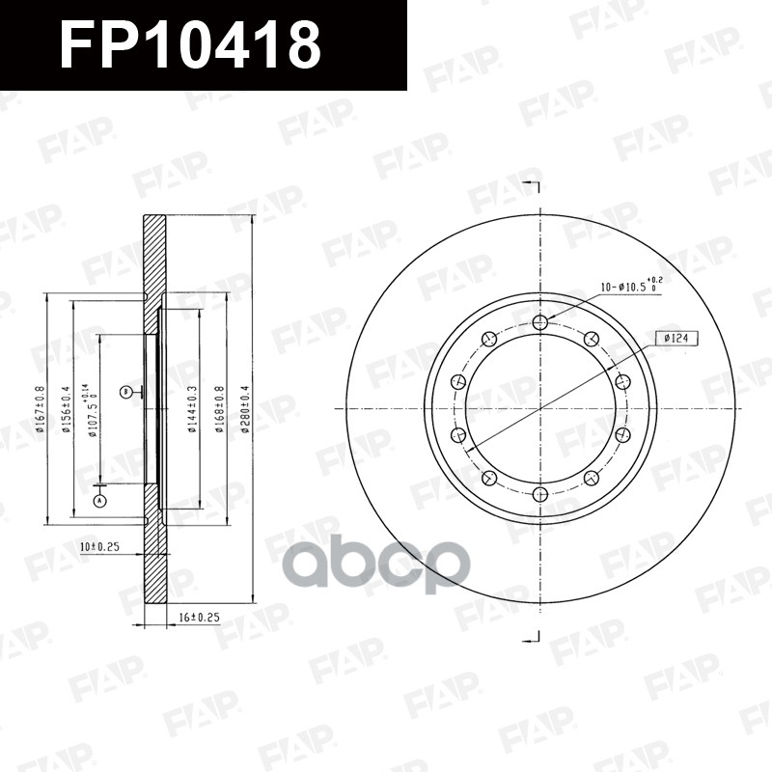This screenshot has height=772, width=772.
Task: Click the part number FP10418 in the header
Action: pyautogui.click(x=189, y=44)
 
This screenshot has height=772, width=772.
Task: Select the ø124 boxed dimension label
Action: pyautogui.click(x=676, y=339)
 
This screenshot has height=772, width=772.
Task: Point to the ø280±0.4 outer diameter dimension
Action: pyautogui.click(x=246, y=409)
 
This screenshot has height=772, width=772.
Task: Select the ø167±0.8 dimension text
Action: pyautogui.click(x=41, y=409)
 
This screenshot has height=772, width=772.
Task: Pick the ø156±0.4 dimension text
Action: pyautogui.click(x=67, y=410)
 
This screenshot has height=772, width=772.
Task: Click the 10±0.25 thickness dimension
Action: pyautogui.click(x=98, y=547)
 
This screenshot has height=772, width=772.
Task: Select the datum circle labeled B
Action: pyautogui.click(x=125, y=391)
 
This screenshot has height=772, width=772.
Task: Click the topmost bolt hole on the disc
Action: pyautogui.click(x=540, y=322)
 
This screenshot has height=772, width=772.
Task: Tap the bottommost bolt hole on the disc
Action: pyautogui.click(x=540, y=495)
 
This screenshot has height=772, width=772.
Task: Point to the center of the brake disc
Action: pyautogui.click(x=540, y=409)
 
